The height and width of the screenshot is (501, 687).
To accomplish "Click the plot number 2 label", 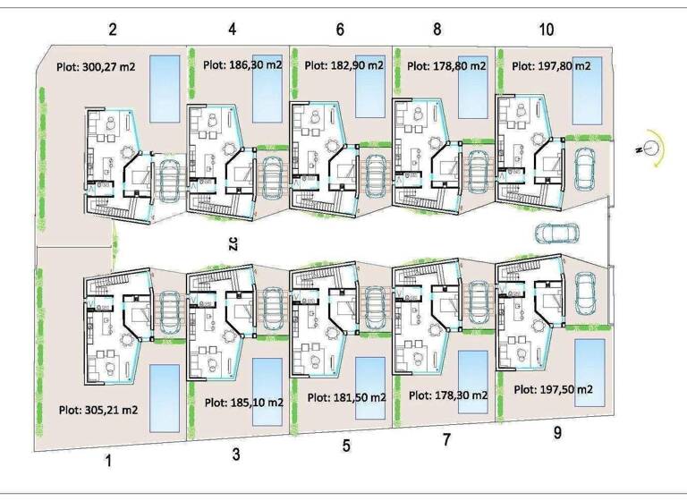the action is tap(113, 30).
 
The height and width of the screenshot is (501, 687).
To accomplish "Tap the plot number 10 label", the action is tap(547, 30).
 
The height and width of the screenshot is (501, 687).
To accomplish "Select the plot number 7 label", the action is tap(446, 439).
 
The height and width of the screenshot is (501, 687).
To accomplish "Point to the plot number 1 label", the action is tap(108, 461).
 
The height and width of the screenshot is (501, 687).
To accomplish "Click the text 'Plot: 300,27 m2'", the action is tap(96, 67).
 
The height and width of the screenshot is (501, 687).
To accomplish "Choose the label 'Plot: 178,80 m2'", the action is tap(446, 66).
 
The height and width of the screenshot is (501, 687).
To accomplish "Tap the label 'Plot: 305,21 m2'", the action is tap(98, 411).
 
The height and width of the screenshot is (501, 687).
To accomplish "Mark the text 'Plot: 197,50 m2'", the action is tap(554, 389).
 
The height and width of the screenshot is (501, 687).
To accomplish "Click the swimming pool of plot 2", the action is tap(165, 89).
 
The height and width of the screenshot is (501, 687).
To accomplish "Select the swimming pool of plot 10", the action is tap(588, 90).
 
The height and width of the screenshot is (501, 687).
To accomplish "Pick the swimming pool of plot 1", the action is tap(165, 398).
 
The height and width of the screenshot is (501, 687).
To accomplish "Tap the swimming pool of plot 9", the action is tap(589, 373).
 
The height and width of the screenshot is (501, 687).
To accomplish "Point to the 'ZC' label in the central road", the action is tap(233, 243).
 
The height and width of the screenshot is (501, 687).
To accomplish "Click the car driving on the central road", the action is tap(556, 234).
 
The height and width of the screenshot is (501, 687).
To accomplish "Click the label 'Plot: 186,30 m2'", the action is tap(242, 65).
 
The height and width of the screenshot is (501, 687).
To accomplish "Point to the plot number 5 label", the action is tap(346, 446).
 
